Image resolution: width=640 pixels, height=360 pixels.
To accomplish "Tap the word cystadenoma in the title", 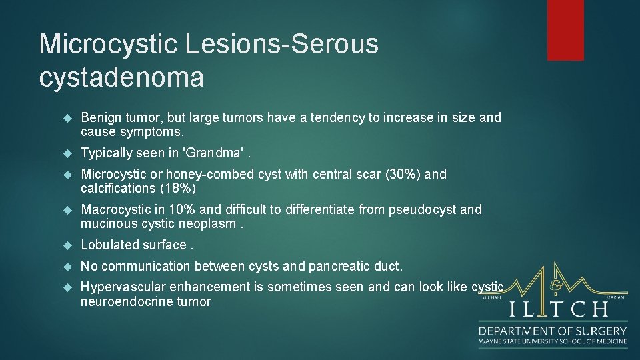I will (x=121, y=77).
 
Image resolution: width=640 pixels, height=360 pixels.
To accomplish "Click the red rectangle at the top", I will (x=565, y=30).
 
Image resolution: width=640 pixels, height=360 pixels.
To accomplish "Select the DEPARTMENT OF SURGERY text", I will (x=553, y=331).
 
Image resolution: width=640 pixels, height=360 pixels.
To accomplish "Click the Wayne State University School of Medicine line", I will (x=553, y=342).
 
